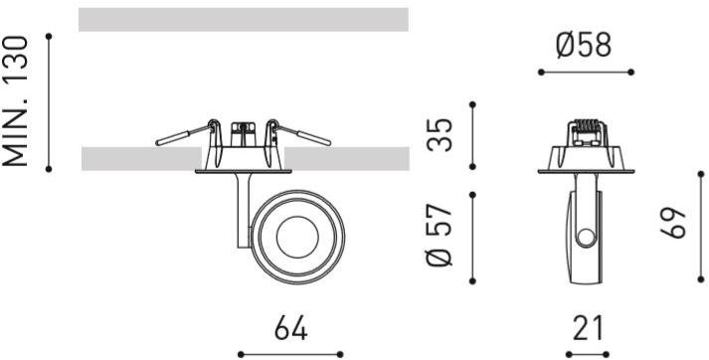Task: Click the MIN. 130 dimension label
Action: pyautogui.click(x=22, y=101)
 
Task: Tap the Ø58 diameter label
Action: pyautogui.click(x=584, y=45)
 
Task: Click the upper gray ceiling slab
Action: pyautogui.click(x=244, y=20)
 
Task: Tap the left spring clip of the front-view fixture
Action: pyautogui.click(x=185, y=135)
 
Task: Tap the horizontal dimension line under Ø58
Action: pyautogui.click(x=585, y=72)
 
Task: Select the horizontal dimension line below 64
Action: pyautogui.click(x=288, y=352)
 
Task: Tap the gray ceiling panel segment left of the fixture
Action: pyautogui.click(x=139, y=158)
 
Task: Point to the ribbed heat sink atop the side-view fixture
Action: pyautogui.click(x=585, y=129)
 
